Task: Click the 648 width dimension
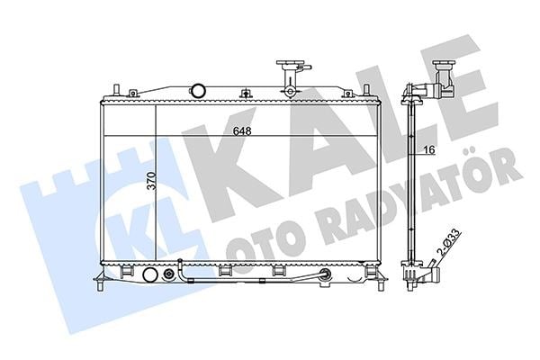[242, 131]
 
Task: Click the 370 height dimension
[151, 181]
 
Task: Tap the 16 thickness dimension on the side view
[429, 150]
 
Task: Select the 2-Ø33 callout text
[448, 242]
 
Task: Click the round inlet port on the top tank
[198, 91]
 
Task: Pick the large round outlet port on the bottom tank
[149, 274]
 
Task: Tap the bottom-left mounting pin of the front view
[100, 287]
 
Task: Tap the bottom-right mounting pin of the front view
[381, 286]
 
